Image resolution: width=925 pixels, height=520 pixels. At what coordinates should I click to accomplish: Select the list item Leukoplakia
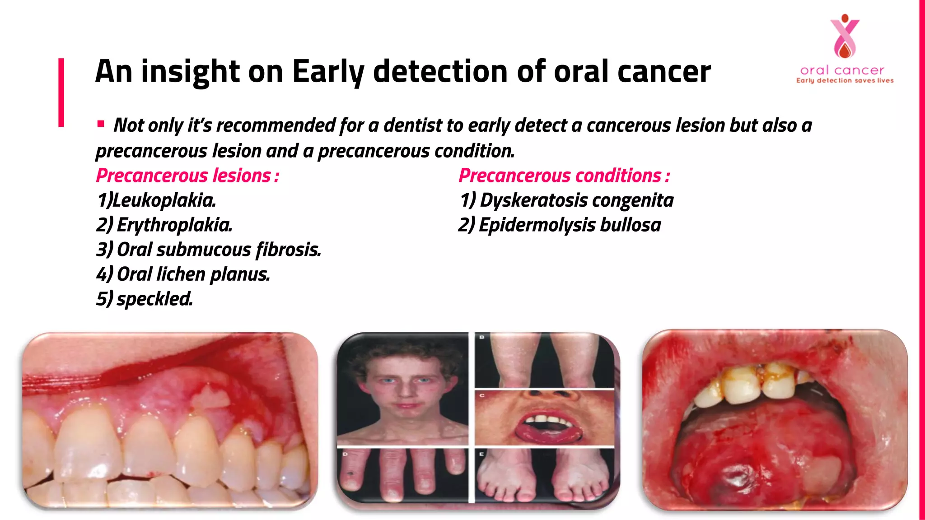(x=163, y=200)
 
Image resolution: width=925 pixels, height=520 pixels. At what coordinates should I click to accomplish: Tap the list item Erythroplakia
(x=174, y=225)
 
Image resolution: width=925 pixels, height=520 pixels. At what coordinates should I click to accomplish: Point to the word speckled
(x=154, y=299)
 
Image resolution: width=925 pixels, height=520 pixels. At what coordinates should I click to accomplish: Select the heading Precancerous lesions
(x=187, y=176)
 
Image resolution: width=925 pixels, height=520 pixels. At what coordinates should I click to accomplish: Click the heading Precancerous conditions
(x=564, y=176)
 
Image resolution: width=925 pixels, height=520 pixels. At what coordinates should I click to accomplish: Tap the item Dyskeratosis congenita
(x=576, y=200)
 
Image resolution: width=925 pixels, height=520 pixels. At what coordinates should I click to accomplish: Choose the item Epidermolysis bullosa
(x=570, y=225)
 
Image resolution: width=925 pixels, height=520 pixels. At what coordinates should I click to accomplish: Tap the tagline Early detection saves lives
(x=845, y=81)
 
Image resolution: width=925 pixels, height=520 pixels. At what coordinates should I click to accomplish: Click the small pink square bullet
(x=101, y=123)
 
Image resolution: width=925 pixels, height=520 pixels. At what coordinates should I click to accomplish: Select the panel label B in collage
(x=482, y=337)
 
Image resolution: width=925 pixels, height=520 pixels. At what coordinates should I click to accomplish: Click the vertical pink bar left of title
(x=61, y=92)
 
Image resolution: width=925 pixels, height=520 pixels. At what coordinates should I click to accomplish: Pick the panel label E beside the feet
(x=481, y=454)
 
